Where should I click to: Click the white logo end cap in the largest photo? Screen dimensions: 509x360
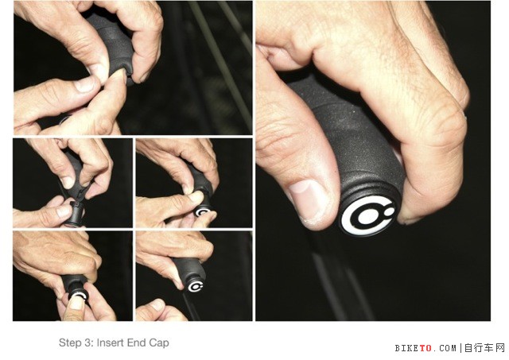pos(368,215)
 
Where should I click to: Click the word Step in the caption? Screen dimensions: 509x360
pos(69,343)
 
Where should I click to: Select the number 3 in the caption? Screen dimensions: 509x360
pos(88,343)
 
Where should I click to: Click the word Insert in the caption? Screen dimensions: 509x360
pos(110,343)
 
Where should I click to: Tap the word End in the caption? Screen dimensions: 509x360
pos(136,343)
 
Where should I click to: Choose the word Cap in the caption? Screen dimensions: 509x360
pos(159,343)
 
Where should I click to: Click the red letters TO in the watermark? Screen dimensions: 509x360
pos(425,348)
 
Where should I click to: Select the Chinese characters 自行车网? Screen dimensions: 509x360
pos(484,348)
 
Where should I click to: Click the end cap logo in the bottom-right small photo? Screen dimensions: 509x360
pos(196,286)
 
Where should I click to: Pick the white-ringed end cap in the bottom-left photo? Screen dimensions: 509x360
pos(79,296)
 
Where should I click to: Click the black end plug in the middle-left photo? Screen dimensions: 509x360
pos(74,215)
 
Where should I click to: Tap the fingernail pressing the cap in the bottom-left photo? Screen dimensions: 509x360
pos(76,304)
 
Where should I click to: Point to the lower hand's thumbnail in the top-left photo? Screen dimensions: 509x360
pos(85,84)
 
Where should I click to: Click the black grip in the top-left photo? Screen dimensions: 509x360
pos(112,45)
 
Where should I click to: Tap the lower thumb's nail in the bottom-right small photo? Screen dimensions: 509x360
pos(157,304)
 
